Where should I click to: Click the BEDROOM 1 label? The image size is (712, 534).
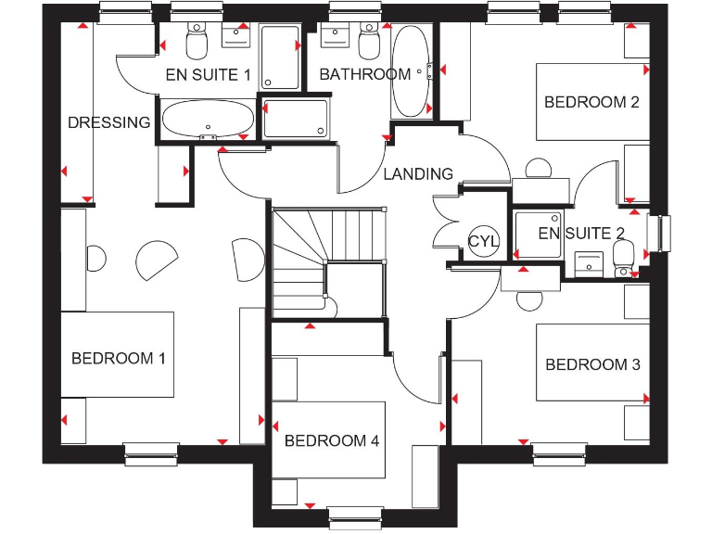click(119, 358)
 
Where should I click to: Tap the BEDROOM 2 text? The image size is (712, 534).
click(591, 102)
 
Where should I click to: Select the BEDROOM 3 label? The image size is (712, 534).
click(592, 364)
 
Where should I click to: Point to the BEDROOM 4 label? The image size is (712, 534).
click(331, 441)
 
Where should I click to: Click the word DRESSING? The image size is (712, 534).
click(108, 122)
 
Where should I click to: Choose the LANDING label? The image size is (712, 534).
click(418, 173)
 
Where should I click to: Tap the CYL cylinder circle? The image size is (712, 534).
click(483, 241)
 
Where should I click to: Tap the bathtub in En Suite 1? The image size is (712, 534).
click(207, 119)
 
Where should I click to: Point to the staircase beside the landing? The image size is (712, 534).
click(326, 260)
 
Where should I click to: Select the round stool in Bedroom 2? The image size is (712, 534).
click(537, 169)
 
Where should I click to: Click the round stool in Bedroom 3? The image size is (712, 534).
click(529, 300)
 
